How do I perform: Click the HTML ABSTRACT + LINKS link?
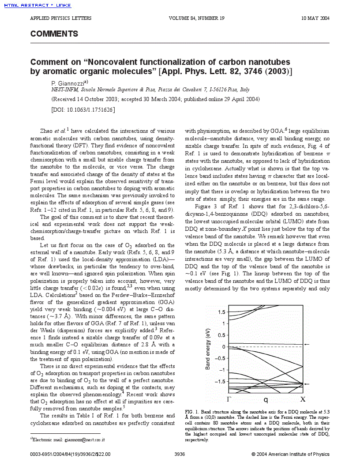37,5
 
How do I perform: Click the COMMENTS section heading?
54,34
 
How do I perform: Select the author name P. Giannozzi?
68,83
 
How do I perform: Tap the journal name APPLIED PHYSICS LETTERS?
60,18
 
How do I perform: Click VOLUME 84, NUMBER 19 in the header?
197,18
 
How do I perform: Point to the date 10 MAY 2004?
315,18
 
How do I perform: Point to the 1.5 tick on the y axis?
221,312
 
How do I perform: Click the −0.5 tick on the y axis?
219,358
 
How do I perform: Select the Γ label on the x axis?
229,399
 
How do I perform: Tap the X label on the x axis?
303,399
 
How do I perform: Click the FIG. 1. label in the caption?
192,411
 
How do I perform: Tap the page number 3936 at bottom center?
180,454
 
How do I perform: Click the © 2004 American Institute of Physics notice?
290,454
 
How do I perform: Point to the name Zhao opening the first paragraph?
46,131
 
